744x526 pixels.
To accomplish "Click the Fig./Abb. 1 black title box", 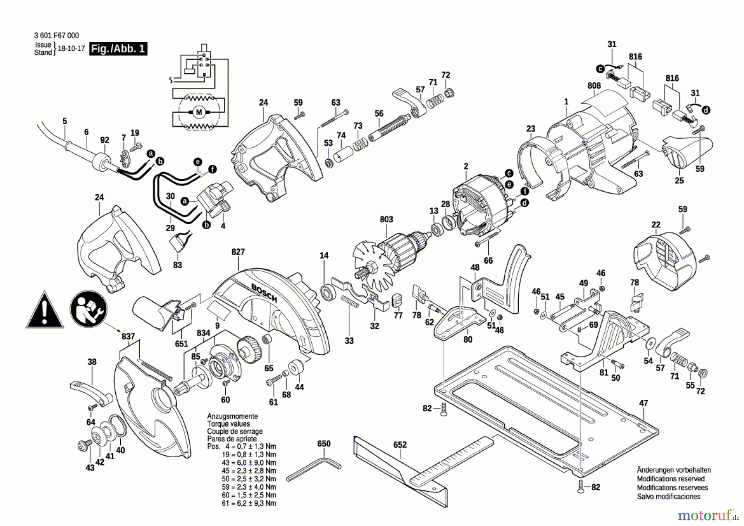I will click(118, 49).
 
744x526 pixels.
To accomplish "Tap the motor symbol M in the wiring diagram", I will click(199, 112).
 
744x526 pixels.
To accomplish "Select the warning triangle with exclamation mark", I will click(45, 311).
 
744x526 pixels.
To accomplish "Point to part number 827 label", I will click(238, 252).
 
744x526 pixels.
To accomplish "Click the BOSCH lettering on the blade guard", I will click(265, 293).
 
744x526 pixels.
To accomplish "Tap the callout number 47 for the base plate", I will click(644, 403).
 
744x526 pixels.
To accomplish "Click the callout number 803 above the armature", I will click(386, 219).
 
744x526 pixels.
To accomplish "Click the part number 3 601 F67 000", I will click(57, 36).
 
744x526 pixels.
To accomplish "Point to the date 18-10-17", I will click(71, 48).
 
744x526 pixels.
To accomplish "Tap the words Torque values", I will click(228, 424).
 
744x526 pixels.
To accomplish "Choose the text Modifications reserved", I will click(670, 479).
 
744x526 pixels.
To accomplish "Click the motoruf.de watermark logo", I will click(708, 516).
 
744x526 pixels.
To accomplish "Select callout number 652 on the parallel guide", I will click(400, 445).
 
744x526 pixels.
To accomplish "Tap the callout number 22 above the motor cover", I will click(656, 225).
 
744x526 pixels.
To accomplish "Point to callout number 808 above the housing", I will click(594, 86).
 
